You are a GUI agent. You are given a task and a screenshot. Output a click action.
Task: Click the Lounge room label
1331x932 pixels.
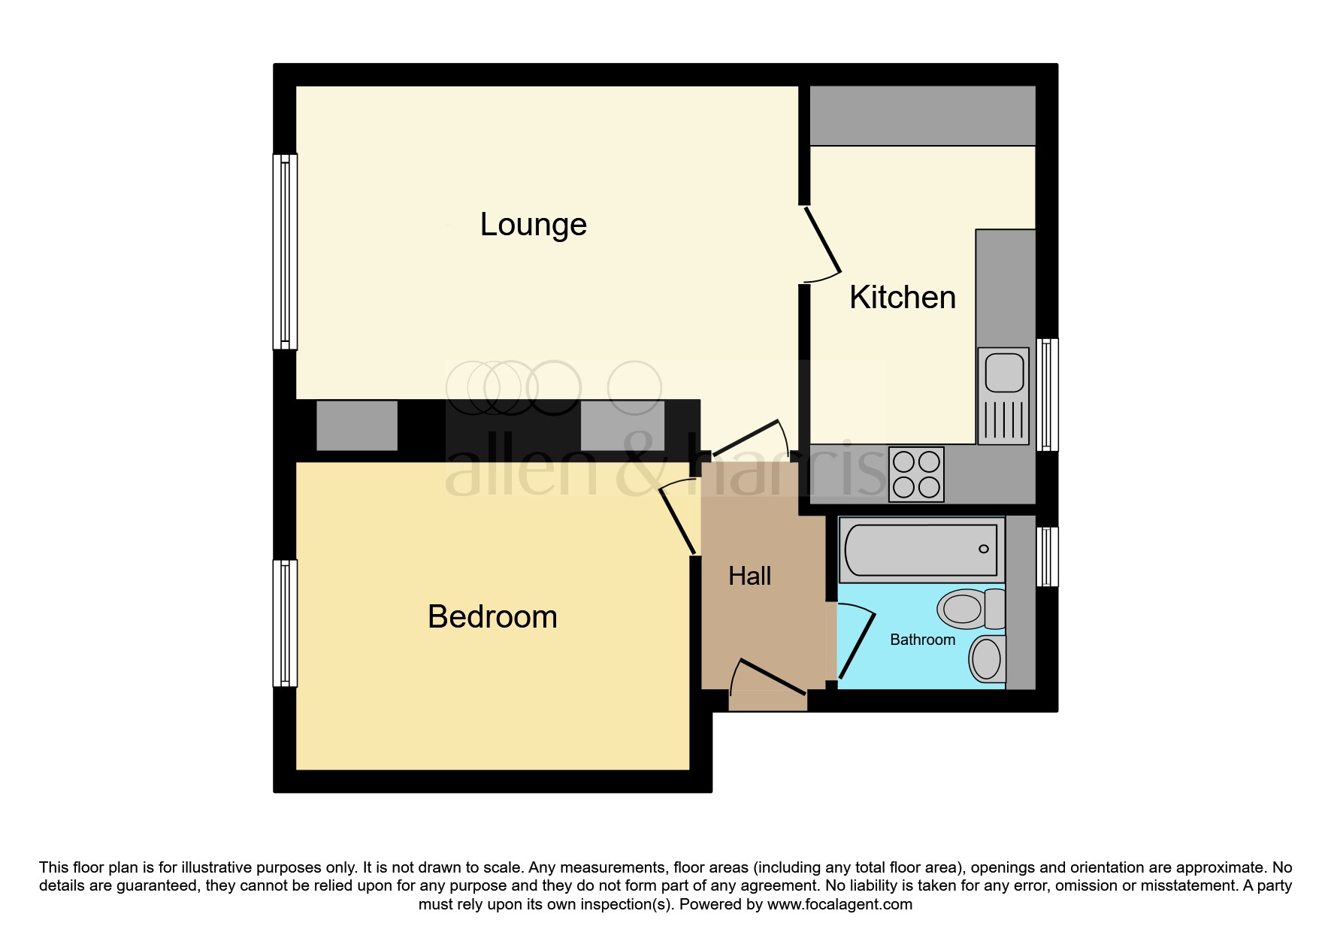click(533, 225)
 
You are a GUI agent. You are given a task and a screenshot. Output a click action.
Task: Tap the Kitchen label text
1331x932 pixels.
click(902, 298)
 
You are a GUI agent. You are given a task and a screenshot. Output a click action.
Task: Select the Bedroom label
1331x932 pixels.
click(492, 617)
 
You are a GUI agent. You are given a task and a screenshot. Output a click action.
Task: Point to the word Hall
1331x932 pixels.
click(749, 576)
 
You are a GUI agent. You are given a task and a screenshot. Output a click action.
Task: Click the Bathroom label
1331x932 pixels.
click(922, 640)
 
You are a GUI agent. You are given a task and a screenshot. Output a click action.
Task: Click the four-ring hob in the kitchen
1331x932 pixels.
click(916, 475)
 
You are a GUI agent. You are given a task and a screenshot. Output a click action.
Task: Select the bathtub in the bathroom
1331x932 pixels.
click(921, 549)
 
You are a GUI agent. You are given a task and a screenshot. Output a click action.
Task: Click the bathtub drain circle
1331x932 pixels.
click(984, 549)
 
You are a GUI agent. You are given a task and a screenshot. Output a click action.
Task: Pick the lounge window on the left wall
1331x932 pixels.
click(285, 252)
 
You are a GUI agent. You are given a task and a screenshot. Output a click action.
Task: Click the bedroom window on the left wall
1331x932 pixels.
click(285, 623)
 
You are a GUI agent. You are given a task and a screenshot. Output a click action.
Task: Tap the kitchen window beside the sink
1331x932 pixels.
click(1047, 395)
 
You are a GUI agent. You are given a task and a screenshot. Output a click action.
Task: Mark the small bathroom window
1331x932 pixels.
click(1047, 556)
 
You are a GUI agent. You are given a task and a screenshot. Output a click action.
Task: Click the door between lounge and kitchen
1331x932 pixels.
click(822, 240)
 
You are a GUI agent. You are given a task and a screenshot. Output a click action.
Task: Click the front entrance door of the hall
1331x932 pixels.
click(773, 677)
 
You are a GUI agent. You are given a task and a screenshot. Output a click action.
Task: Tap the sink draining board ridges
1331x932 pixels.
click(1004, 420)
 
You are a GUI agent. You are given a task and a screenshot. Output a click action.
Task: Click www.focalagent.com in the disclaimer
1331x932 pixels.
click(839, 904)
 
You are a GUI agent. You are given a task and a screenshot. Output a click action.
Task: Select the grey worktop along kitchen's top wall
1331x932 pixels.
click(922, 116)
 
